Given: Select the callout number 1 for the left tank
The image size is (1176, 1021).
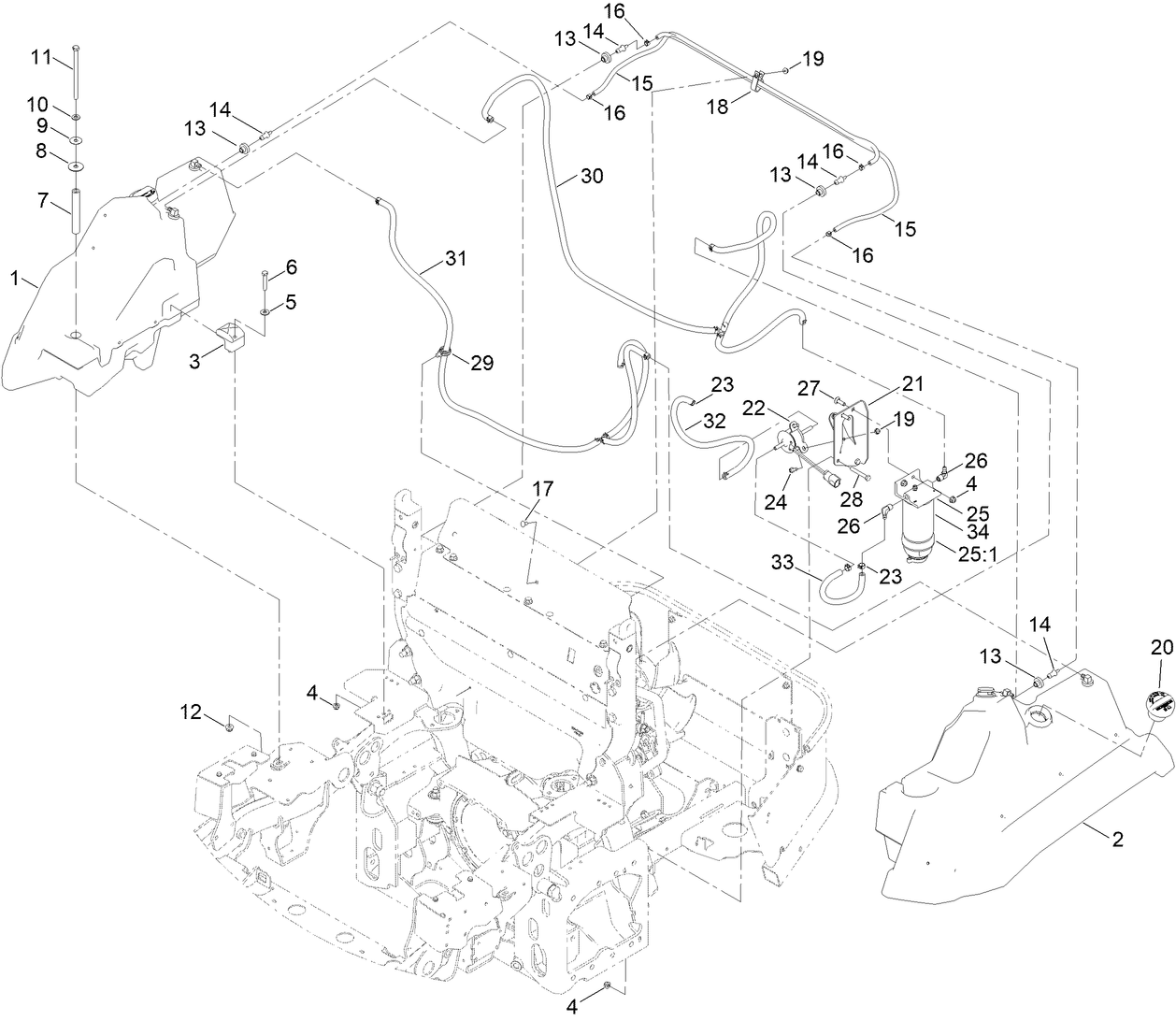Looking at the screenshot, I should (14, 278).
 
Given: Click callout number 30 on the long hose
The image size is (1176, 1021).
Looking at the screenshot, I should (592, 176).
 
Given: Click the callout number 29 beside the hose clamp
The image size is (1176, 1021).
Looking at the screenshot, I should (482, 363).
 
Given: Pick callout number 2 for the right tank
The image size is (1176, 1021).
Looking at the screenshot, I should (1116, 840).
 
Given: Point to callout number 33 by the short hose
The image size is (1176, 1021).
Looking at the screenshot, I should (783, 562).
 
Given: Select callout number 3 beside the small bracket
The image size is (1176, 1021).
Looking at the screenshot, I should (194, 361).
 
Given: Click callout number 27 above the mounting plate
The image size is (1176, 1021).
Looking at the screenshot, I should (807, 387).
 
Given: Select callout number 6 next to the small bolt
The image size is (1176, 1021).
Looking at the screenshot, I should (291, 267).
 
